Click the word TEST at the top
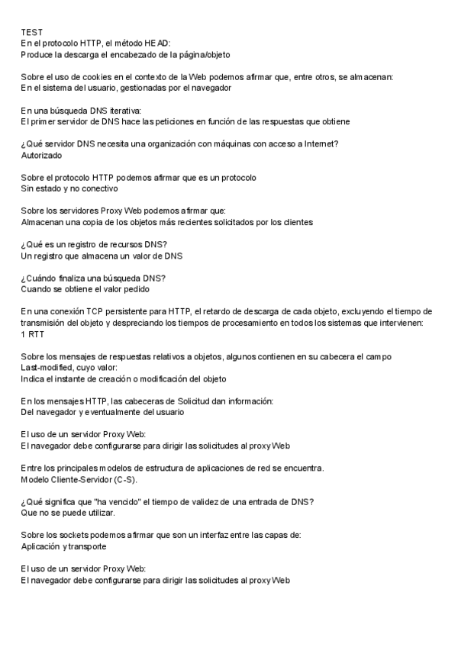(31, 32)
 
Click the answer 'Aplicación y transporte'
(63, 546)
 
